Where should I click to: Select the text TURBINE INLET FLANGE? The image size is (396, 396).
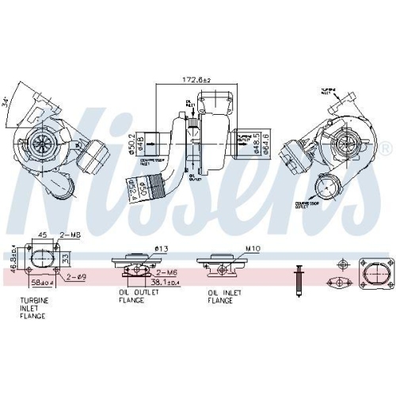34,308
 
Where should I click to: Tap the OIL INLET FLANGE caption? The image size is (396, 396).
223,296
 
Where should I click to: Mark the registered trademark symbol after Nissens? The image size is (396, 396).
386,149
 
